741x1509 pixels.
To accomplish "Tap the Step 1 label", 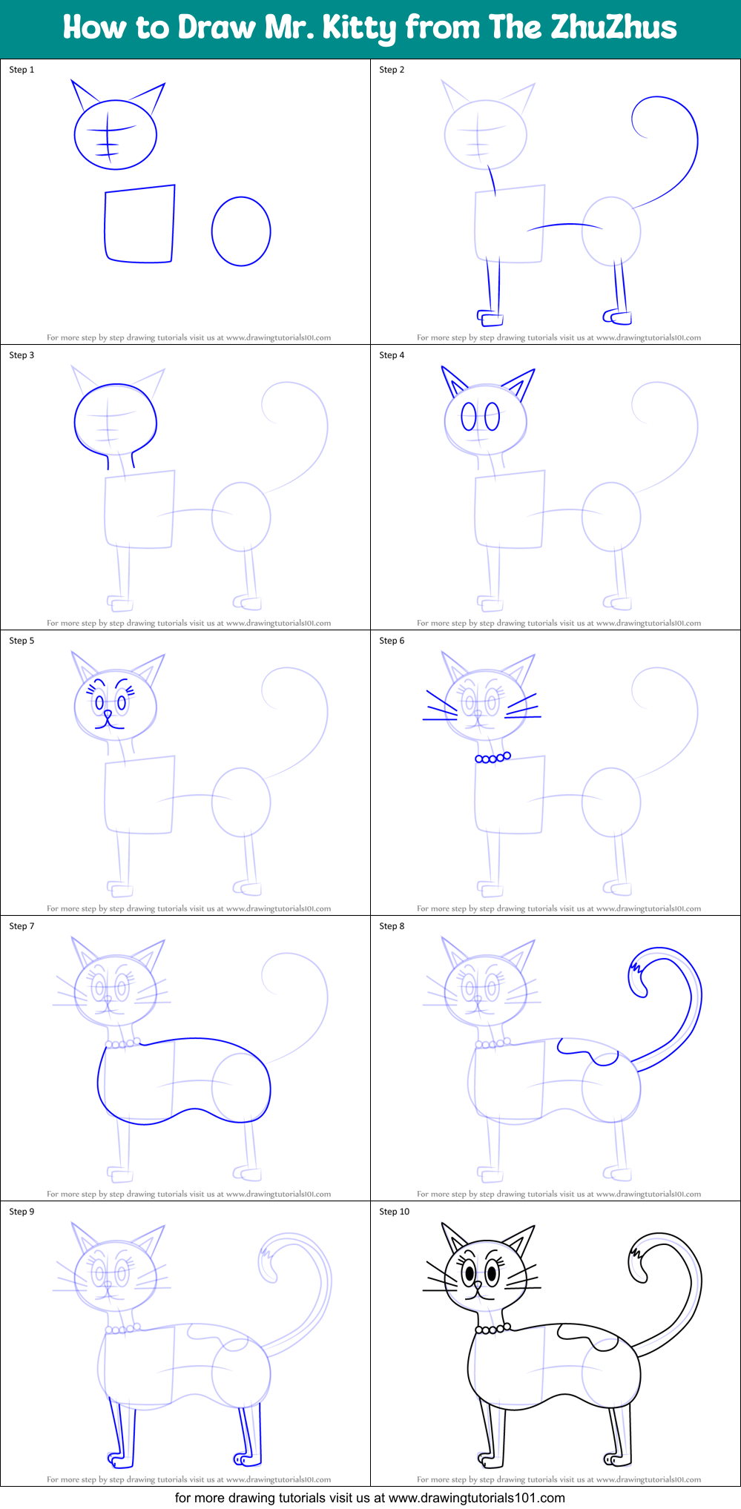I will coord(22,70).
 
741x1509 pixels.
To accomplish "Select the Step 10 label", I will coord(394,1212).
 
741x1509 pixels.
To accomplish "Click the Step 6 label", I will coord(392,641).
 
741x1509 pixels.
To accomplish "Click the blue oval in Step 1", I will coord(241,231).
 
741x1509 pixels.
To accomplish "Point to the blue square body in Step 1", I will coord(139,224).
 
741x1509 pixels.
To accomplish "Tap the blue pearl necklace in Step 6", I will coord(493,758).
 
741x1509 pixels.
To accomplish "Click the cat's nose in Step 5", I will coord(108,714).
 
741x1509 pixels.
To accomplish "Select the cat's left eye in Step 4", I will coord(469,417).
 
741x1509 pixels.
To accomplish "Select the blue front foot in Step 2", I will coord(491,319).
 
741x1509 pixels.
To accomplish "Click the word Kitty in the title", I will coord(360,27).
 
